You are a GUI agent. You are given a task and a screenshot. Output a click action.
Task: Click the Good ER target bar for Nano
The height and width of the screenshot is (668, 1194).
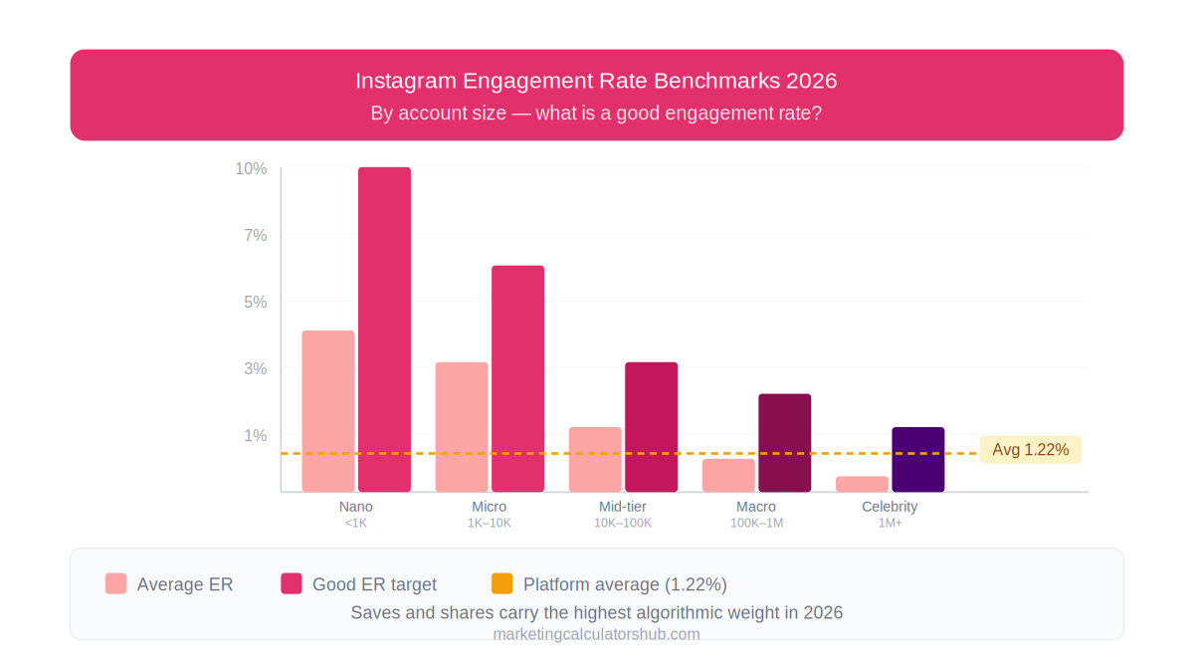(x=384, y=329)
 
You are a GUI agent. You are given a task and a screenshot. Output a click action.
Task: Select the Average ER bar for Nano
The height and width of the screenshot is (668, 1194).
(x=328, y=410)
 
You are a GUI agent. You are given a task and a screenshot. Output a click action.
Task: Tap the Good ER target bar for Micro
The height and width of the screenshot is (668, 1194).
(x=517, y=378)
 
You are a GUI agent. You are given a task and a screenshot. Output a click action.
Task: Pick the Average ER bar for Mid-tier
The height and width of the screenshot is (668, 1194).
(x=595, y=459)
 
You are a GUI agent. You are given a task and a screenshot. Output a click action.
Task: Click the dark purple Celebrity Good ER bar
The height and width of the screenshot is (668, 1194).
(x=917, y=459)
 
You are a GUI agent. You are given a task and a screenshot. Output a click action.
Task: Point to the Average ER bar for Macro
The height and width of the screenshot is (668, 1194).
(x=728, y=475)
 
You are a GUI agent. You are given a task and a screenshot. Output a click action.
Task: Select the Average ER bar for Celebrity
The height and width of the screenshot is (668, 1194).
(x=862, y=484)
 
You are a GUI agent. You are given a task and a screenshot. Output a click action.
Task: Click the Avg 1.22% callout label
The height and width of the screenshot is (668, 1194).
(x=1030, y=450)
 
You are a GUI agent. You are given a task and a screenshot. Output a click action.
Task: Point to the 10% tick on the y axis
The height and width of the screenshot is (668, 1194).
(x=251, y=169)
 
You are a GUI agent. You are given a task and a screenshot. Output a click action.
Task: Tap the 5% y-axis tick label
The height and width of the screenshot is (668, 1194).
(x=256, y=302)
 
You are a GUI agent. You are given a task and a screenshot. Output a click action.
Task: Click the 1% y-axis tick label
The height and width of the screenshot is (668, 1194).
(x=256, y=435)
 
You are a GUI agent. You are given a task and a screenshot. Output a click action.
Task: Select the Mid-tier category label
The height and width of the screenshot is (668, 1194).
(x=622, y=507)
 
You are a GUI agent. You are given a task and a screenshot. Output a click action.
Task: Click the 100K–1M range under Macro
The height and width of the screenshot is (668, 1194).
(x=756, y=523)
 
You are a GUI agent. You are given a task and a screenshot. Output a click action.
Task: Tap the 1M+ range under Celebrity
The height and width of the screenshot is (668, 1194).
(x=890, y=523)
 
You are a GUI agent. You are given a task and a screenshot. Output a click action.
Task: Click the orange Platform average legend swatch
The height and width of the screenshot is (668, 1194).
(x=502, y=583)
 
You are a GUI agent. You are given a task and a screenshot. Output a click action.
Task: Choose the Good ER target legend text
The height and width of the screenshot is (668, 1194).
(x=374, y=584)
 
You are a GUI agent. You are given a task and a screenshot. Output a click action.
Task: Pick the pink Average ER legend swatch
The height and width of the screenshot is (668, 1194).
(x=116, y=583)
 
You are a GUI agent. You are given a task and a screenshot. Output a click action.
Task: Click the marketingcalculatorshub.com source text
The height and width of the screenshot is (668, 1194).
(x=596, y=634)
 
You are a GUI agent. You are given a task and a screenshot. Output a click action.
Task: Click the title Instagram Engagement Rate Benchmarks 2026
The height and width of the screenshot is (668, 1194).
(x=596, y=81)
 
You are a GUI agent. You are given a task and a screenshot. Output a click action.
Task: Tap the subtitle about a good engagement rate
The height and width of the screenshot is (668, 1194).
(x=596, y=112)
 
